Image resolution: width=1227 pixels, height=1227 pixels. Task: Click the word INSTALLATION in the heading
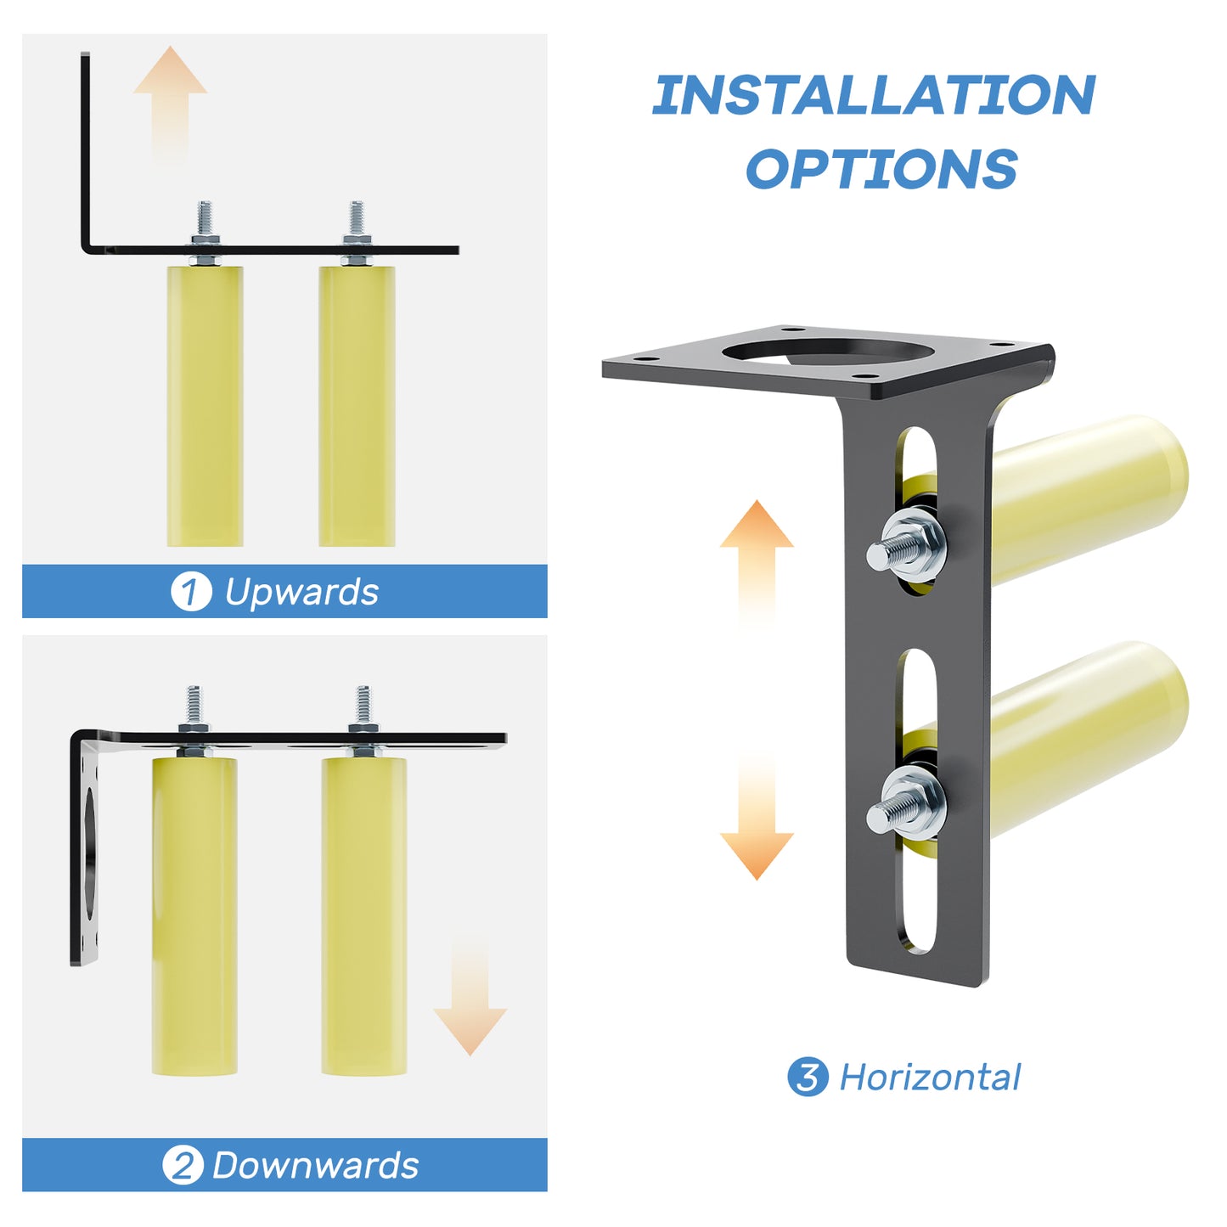874,95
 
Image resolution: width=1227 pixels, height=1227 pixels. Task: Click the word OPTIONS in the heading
881,169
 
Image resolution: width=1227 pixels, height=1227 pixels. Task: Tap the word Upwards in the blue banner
301,592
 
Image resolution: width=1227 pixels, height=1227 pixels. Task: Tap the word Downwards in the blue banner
315,1165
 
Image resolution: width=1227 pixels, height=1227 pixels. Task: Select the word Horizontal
929,1077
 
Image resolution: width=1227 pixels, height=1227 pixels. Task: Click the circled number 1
190,592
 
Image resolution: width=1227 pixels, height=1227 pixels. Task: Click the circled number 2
183,1165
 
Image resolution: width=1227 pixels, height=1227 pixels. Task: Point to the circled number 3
807,1077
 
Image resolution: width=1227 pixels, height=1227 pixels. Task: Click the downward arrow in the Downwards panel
470,1002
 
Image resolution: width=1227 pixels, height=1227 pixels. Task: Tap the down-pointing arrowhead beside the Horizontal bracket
757,853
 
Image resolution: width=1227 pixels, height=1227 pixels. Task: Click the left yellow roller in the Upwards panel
205,406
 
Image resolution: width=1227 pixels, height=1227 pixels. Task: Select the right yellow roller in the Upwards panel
357,406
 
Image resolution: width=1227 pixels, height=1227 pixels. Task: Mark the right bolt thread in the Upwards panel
357,219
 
